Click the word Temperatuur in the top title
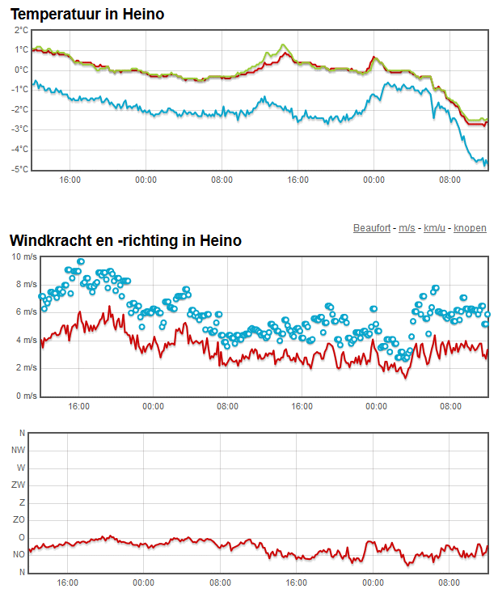point(56,15)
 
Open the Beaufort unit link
point(372,228)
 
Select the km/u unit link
point(434,228)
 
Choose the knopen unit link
point(470,228)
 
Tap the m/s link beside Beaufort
point(407,228)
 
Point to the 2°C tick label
point(22,30)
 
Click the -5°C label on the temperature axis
point(20,169)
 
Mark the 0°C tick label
point(22,70)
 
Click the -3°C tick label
point(20,129)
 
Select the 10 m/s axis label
point(24,256)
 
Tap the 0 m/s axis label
point(27,396)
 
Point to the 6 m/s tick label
point(27,312)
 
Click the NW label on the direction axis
point(18,450)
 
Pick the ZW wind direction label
point(18,485)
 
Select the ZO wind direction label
point(19,519)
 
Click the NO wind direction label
point(19,554)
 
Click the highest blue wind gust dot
point(81,261)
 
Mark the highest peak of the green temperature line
point(283,45)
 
